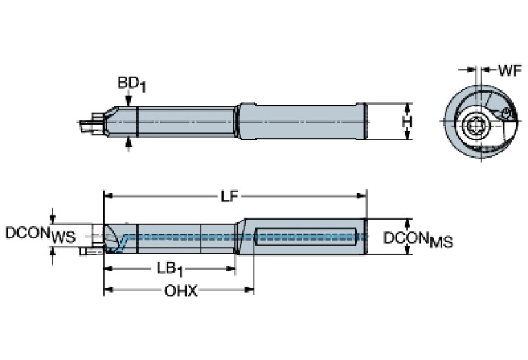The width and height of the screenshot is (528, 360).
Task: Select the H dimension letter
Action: point(407,122)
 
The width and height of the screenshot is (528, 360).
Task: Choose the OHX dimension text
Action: point(180,291)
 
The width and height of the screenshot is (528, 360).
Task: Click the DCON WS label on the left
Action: point(40,234)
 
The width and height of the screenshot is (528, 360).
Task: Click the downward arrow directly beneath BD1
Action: point(129,100)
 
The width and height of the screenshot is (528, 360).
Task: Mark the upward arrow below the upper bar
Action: point(129,142)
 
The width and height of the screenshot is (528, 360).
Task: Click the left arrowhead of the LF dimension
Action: point(108,197)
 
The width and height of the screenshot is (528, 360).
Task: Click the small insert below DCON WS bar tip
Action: point(87,253)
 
